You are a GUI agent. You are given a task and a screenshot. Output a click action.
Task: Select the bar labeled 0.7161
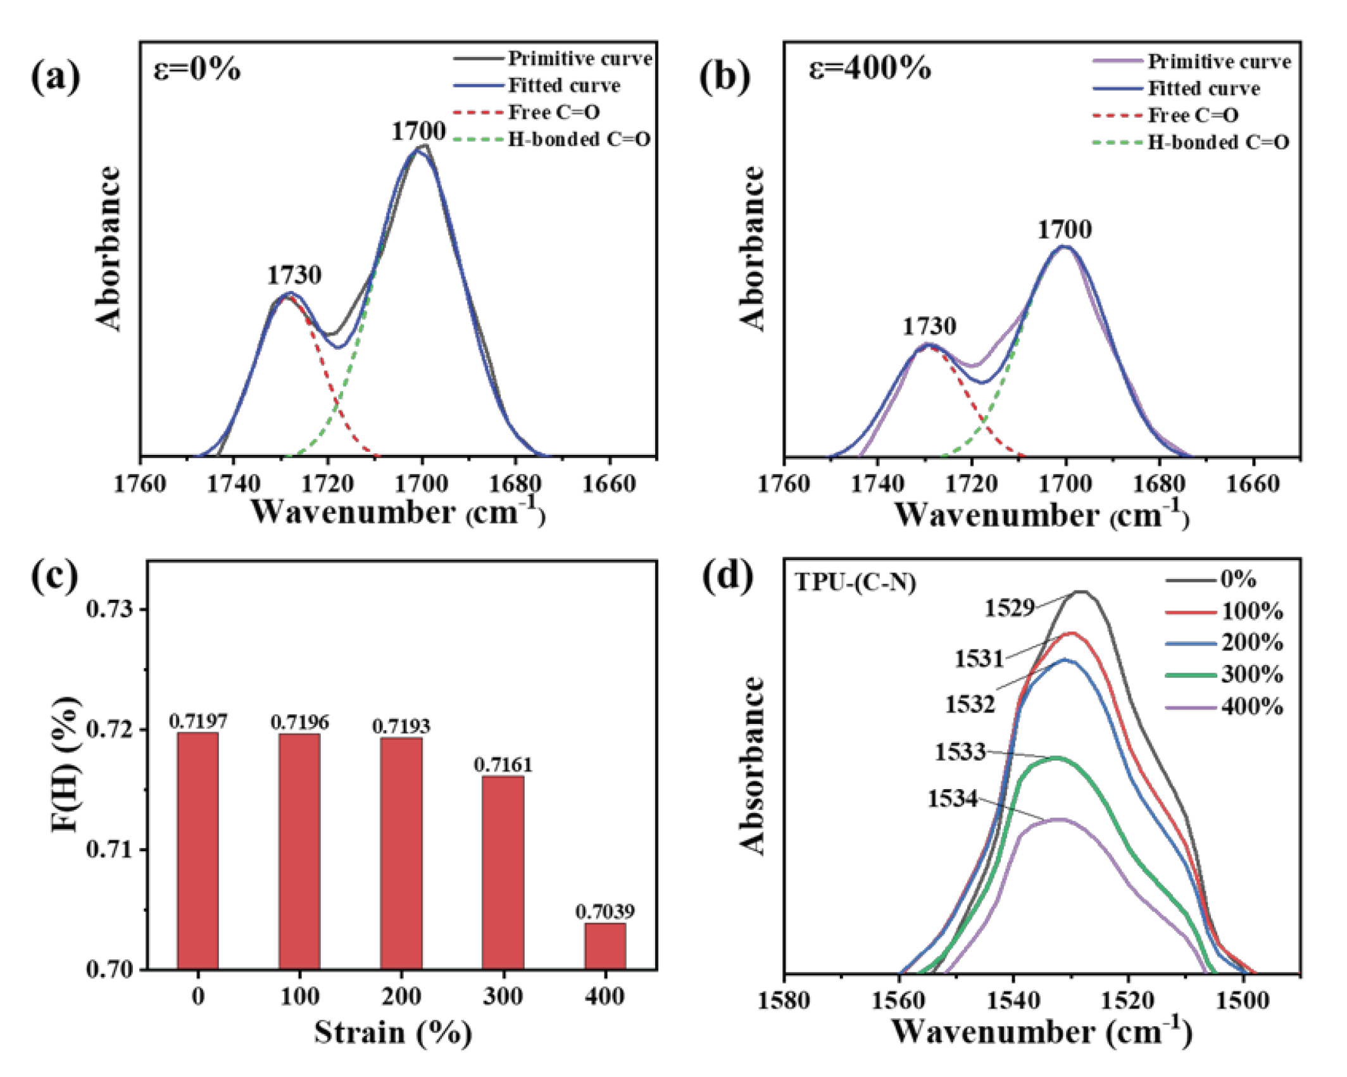tap(503, 873)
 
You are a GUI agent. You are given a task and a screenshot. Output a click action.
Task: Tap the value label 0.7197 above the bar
tap(198, 721)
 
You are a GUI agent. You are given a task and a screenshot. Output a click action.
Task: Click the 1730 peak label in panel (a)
tap(294, 275)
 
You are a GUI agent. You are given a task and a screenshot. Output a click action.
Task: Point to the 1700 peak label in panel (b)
tap(1064, 230)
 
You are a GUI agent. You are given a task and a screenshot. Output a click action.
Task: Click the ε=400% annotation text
tap(870, 68)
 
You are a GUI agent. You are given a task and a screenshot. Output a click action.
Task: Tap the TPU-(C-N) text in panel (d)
tap(855, 582)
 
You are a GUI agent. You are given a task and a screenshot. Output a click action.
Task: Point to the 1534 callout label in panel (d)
tap(953, 799)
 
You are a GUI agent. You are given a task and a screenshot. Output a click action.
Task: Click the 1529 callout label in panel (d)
tap(1009, 608)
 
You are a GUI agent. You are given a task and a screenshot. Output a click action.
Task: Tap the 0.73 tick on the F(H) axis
tap(110, 609)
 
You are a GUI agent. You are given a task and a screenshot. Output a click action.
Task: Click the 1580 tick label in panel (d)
tap(784, 1000)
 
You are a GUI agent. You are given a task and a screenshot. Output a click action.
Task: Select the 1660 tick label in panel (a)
tap(608, 485)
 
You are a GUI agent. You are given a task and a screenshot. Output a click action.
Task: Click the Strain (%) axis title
tap(393, 1033)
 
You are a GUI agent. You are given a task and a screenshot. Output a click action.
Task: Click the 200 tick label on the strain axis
tap(401, 997)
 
